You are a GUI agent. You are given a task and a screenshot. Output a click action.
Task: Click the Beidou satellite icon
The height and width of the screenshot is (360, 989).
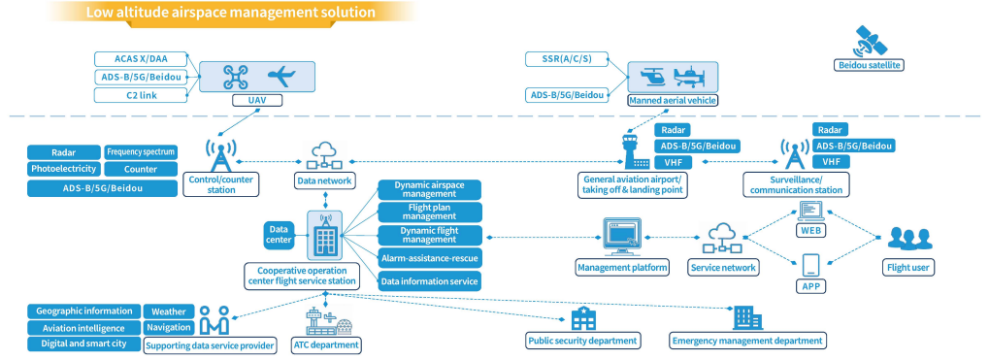(x=868, y=42)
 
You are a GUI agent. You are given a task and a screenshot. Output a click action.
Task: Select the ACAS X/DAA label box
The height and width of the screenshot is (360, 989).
(x=135, y=60)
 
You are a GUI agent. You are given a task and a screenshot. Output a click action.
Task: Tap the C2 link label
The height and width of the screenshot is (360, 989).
(x=135, y=95)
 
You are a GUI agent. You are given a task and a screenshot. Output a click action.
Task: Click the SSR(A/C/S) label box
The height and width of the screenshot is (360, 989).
(x=568, y=60)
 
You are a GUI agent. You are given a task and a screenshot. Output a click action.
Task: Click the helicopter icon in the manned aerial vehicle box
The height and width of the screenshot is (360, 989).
(x=651, y=76)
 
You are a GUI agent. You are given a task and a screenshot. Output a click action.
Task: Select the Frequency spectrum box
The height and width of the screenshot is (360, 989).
(x=142, y=152)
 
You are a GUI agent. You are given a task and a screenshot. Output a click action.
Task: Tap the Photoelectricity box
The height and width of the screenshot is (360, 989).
(x=63, y=169)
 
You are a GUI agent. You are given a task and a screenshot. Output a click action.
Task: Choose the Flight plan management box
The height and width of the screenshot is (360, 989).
(x=428, y=211)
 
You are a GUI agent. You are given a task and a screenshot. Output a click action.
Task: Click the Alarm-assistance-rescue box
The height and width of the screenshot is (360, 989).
(x=428, y=258)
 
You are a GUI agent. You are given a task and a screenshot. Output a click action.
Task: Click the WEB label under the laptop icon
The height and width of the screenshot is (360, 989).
(x=811, y=231)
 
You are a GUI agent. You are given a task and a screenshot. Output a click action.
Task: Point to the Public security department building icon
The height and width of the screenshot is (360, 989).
(x=582, y=318)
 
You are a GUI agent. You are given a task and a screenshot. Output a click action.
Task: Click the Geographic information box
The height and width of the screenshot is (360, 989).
(x=83, y=311)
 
